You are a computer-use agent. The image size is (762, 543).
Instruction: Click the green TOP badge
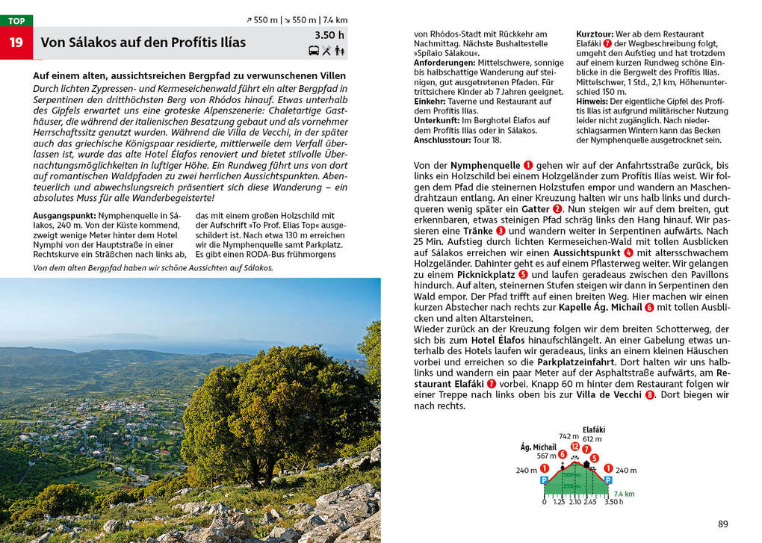click(x=16, y=21)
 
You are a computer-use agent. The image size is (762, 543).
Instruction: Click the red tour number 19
click(x=16, y=43)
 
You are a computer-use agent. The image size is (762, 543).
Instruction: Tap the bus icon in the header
click(x=314, y=51)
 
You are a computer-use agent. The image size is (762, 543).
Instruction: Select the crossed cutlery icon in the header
click(x=326, y=51)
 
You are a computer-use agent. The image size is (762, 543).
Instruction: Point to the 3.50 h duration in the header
click(x=329, y=35)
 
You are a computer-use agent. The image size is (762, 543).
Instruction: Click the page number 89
click(x=722, y=524)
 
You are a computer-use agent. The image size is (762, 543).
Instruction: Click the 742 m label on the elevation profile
click(x=569, y=436)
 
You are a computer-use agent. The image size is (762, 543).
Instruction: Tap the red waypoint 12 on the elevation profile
click(x=574, y=446)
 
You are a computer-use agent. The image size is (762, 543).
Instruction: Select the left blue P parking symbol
click(x=544, y=480)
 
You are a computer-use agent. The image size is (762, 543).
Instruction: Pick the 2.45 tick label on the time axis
click(x=590, y=502)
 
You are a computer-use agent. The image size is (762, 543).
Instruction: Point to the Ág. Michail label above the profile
click(x=538, y=447)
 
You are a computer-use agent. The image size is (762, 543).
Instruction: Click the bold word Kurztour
click(x=595, y=34)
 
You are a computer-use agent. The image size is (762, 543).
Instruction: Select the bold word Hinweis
click(x=592, y=101)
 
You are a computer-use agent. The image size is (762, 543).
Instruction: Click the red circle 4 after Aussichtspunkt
click(x=628, y=253)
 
